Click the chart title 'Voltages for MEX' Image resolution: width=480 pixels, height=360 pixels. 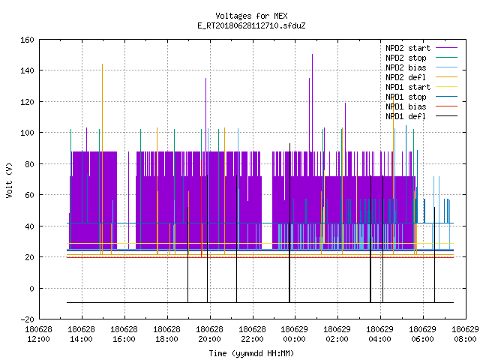[x=251, y=16]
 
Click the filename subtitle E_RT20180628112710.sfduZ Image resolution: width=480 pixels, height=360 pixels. [x=251, y=25]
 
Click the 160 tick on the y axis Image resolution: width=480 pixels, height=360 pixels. [x=27, y=40]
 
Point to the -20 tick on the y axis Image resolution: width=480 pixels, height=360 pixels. [x=27, y=319]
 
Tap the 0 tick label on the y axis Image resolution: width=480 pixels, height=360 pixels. [x=31, y=288]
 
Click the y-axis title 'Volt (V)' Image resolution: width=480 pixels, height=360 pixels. [x=9, y=180]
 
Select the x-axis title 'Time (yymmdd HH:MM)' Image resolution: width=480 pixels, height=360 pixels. [x=251, y=353]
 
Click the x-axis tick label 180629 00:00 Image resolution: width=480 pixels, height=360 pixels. [x=295, y=334]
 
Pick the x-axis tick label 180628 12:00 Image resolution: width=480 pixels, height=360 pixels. [x=38, y=334]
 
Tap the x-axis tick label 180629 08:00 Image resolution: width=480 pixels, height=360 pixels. [x=465, y=334]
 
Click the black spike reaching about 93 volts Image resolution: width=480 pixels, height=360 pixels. [x=289, y=223]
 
